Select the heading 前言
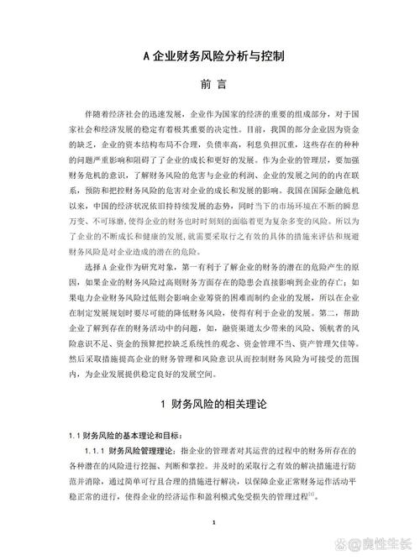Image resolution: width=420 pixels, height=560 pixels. (x=210, y=85)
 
